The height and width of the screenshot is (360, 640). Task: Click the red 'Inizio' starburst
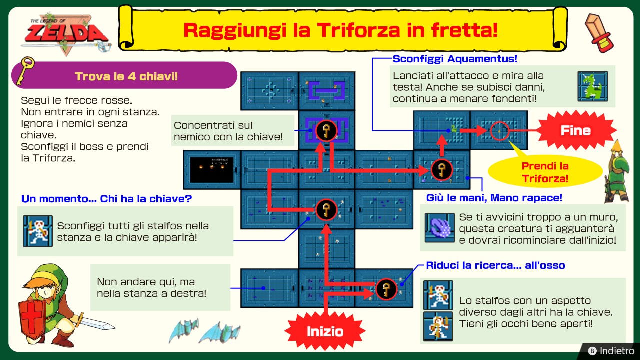click(x=325, y=331)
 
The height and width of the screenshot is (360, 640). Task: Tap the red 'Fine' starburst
click(x=576, y=130)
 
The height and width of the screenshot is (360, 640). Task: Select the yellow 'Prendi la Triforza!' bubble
click(x=545, y=172)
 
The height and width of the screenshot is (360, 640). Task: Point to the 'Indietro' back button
click(x=611, y=351)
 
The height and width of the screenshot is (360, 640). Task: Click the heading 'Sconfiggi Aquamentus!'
click(x=455, y=59)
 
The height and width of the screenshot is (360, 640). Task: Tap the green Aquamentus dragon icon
click(x=593, y=86)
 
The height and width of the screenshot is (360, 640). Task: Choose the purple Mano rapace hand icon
click(x=439, y=227)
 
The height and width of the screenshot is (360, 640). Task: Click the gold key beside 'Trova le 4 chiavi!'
click(x=25, y=70)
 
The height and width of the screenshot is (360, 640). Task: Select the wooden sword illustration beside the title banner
click(x=599, y=33)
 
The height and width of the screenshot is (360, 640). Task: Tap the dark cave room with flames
click(x=212, y=169)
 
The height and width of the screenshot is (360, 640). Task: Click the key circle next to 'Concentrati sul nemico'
click(x=326, y=131)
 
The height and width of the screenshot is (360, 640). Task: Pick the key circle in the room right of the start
click(x=386, y=289)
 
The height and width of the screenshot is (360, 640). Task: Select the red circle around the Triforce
click(x=499, y=131)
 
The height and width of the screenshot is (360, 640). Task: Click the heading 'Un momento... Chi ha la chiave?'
click(x=106, y=199)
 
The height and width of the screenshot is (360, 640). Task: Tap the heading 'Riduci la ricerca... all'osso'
click(x=495, y=265)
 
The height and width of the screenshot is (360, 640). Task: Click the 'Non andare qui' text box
click(x=160, y=287)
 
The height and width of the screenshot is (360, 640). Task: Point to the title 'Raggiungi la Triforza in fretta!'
click(x=341, y=30)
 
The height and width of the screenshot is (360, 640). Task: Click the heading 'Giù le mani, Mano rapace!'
click(x=494, y=198)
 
